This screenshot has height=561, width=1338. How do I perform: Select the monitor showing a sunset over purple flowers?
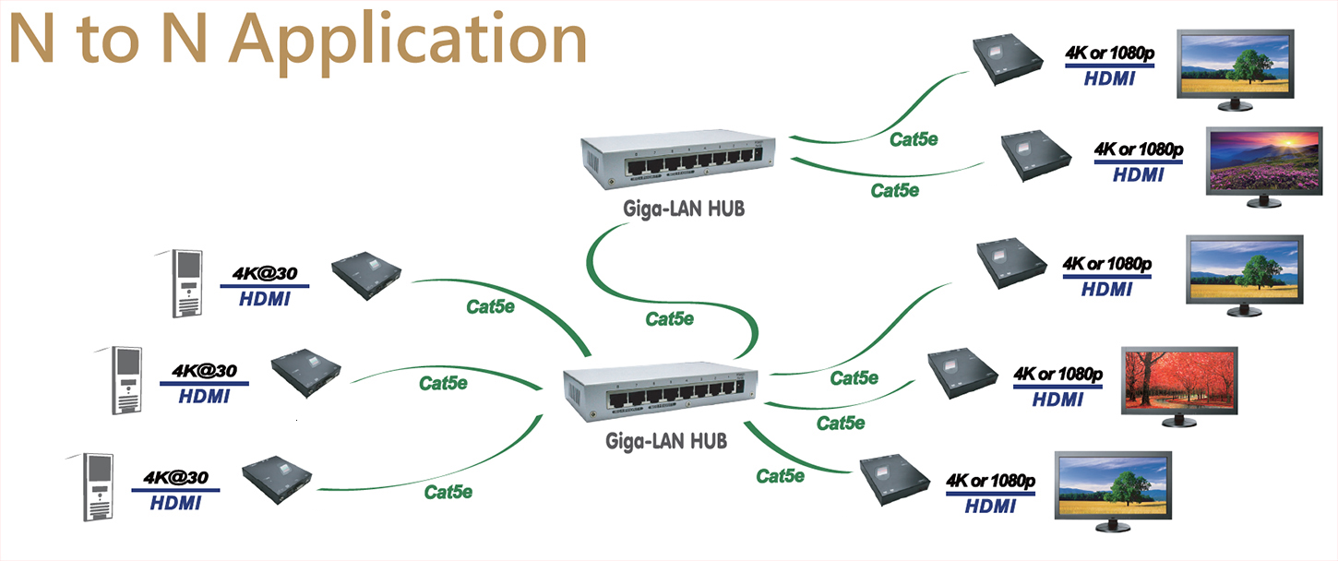[x=1265, y=161]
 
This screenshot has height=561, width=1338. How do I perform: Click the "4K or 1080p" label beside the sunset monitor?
[x=1139, y=149]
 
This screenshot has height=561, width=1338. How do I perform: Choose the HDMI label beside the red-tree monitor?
[x=1057, y=400]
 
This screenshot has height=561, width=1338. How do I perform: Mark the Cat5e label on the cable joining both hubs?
[x=670, y=319]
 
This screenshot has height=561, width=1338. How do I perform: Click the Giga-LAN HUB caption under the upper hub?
[x=684, y=209]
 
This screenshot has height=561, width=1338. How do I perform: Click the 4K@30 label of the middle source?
[x=204, y=371]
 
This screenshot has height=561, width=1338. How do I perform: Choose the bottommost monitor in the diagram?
[x=1114, y=490]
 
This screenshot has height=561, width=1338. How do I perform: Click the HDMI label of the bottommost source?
[x=175, y=504]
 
